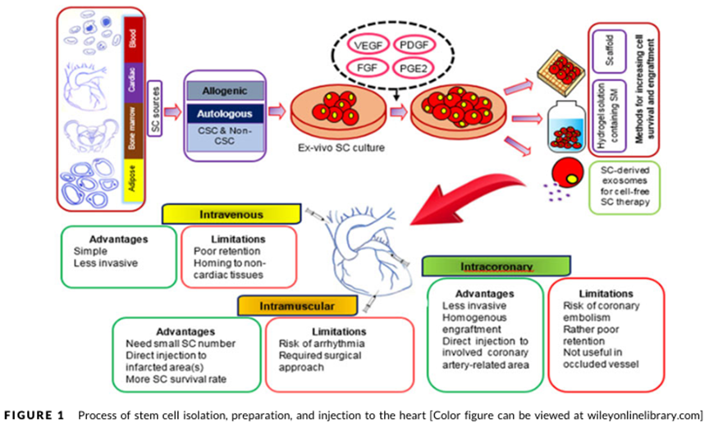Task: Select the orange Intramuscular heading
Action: pos(297,305)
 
